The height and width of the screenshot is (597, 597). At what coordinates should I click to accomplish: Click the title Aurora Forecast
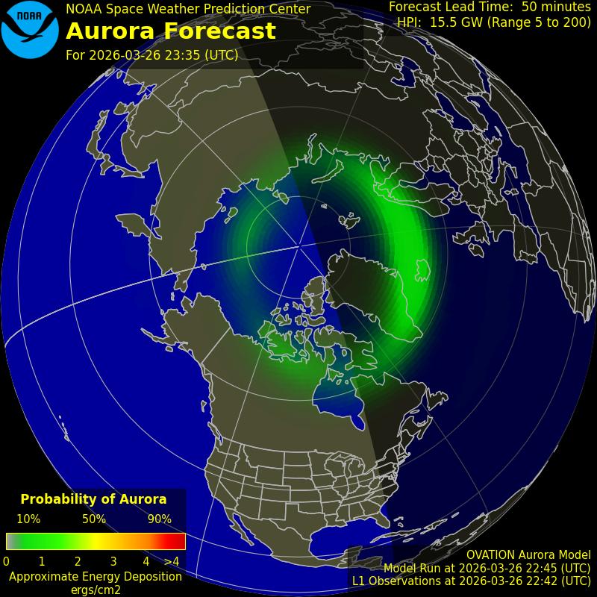(171, 31)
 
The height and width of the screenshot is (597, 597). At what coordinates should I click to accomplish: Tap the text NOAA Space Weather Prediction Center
(188, 9)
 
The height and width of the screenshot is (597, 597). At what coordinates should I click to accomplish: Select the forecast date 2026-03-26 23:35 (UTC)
(152, 55)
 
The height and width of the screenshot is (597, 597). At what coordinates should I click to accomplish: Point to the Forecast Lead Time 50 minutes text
(490, 7)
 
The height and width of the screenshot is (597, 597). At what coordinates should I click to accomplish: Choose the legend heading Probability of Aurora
(93, 499)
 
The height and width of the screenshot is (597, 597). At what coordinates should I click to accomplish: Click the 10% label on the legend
(28, 519)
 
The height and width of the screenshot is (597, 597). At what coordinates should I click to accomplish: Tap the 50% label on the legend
(94, 519)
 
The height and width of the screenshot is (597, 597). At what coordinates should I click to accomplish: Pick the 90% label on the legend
(160, 519)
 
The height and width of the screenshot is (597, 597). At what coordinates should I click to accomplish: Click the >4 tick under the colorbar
(172, 561)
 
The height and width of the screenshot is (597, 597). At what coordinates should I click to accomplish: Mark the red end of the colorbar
(178, 541)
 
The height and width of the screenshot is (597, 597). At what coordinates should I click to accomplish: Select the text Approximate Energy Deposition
(96, 576)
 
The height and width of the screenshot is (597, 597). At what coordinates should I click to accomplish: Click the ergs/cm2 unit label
(96, 590)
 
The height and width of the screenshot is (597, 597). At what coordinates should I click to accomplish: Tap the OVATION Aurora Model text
(528, 555)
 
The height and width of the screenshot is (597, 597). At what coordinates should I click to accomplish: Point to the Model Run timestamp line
(487, 568)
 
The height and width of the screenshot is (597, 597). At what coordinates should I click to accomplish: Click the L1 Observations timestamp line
(471, 581)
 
